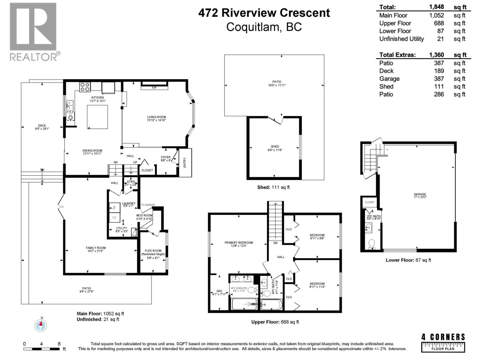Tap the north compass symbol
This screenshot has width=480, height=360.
tap(41, 325)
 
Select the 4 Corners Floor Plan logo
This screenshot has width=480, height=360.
tap(443, 342)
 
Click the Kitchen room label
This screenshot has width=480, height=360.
tap(97, 99)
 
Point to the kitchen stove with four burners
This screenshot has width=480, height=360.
tap(85, 87)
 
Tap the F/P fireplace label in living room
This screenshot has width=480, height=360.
tap(154, 88)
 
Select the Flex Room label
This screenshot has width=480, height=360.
tap(153, 252)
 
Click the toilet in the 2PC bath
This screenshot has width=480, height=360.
tap(372, 243)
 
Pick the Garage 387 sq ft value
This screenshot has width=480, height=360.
tap(439, 79)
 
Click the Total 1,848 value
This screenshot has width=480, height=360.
tap(436, 7)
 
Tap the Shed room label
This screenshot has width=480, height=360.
tap(275, 148)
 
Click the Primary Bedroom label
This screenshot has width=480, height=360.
tap(238, 244)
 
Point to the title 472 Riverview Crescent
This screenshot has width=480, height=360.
tap(264, 13)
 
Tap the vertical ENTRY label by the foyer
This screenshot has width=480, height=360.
tap(185, 162)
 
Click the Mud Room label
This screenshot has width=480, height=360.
tap(144, 217)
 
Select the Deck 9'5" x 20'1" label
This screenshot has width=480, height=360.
tap(42, 127)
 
